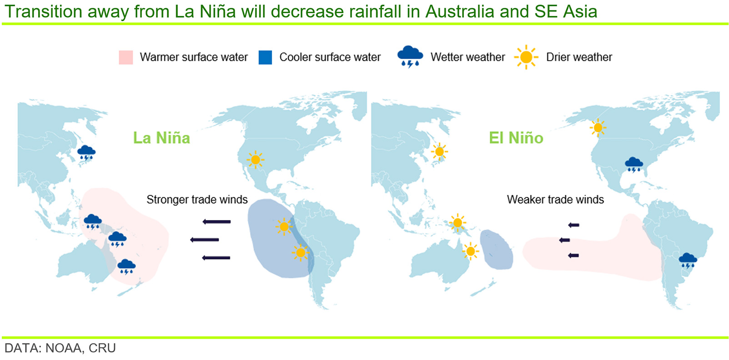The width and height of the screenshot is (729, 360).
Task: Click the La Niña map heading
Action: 161,138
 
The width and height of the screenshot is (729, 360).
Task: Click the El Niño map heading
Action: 516,138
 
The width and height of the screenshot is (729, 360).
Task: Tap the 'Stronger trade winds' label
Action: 197,200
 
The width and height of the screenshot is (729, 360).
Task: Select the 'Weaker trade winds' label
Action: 555,200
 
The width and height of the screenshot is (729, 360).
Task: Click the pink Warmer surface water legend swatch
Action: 126,57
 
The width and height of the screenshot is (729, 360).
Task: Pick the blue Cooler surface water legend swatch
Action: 265,57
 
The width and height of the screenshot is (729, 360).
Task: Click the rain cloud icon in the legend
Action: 410,56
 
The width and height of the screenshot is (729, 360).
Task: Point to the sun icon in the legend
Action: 526,57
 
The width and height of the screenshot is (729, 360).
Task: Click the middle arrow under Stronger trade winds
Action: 204,240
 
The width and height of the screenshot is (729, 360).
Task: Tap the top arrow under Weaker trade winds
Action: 574,225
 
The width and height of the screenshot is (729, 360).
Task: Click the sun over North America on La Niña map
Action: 256,160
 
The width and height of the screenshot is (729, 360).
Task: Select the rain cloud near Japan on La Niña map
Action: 86,153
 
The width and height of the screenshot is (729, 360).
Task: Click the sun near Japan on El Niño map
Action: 439,151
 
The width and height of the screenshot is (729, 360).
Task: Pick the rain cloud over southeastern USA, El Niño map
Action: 634,165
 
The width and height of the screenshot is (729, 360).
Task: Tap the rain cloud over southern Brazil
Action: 688,260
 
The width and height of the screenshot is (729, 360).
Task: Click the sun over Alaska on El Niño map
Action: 598,127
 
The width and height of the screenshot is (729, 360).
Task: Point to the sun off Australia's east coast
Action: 470,251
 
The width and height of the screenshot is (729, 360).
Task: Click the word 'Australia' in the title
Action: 460,12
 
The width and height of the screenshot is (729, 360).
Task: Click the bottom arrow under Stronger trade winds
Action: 216,258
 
